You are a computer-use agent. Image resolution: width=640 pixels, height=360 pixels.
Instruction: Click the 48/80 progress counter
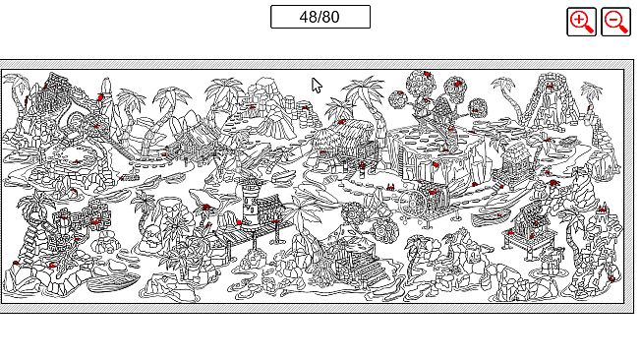(320, 17)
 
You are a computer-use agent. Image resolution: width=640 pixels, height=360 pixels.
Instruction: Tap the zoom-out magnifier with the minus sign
(615, 22)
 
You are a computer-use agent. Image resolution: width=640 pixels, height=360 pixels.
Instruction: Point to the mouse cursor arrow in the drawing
(317, 86)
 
